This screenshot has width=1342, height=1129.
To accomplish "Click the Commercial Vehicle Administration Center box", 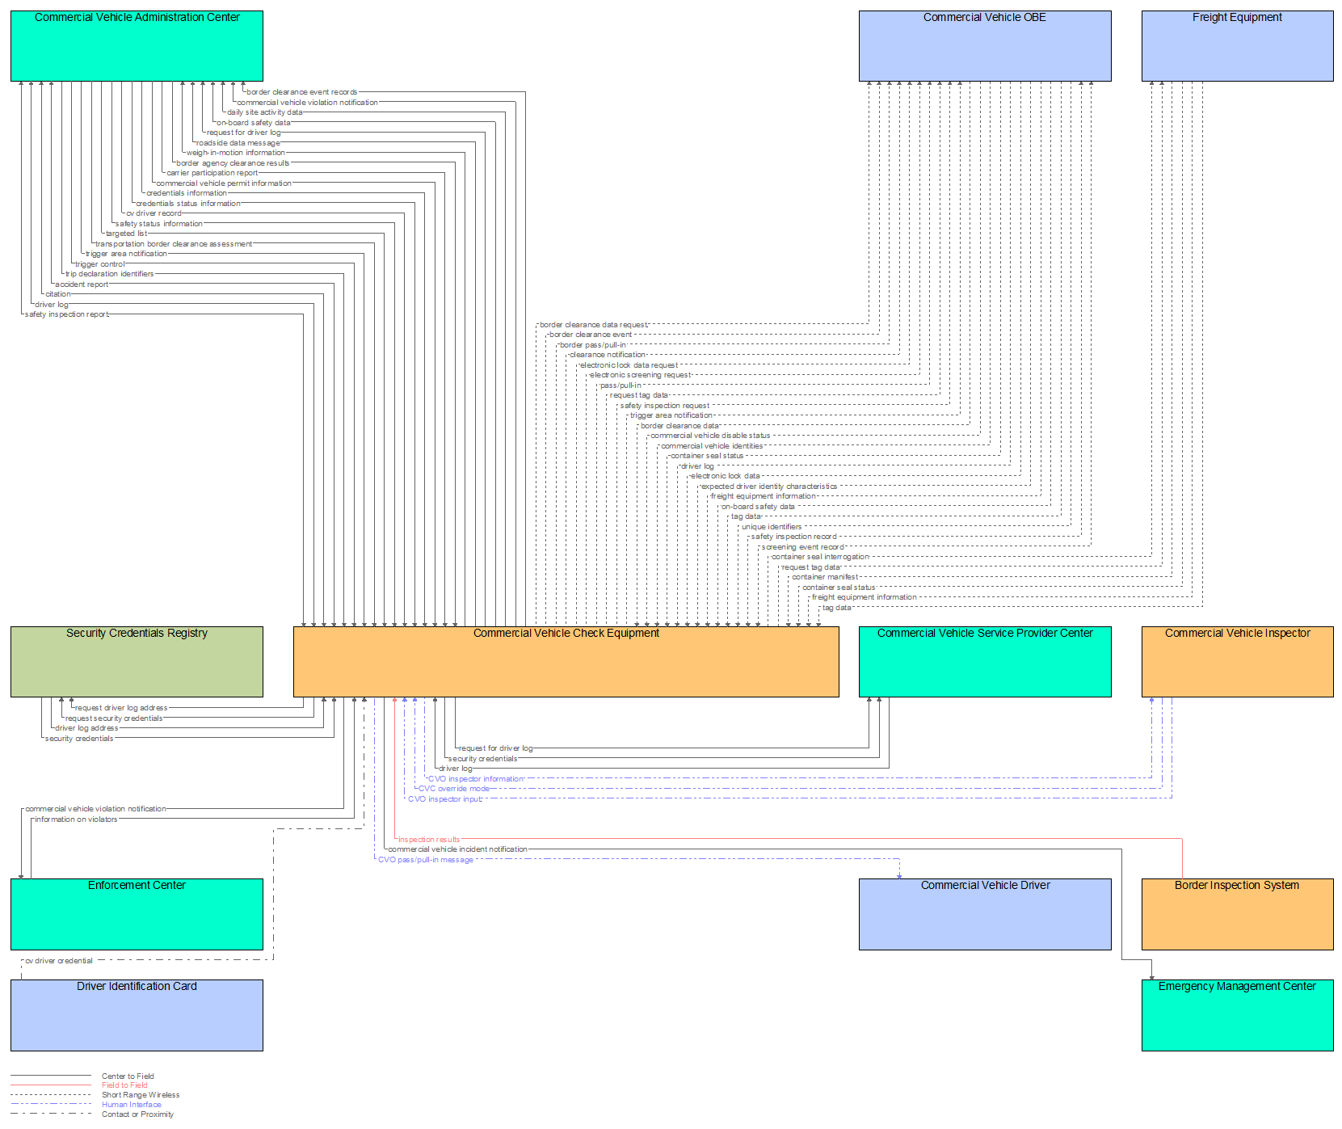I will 137,45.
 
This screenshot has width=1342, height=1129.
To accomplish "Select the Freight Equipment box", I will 1237,45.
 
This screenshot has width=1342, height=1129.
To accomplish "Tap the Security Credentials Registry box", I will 137,661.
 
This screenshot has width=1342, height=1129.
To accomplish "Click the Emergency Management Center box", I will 1237,1014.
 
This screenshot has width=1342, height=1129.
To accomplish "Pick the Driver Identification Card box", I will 137,1014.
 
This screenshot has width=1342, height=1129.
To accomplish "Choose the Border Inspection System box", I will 1237,913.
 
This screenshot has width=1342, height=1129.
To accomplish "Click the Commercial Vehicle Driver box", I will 985,913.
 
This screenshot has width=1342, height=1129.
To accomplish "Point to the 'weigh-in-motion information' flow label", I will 236,153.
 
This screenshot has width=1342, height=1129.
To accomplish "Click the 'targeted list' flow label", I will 126,234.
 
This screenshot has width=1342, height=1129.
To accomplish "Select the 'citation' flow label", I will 58,294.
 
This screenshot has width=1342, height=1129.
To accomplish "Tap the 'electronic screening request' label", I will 640,375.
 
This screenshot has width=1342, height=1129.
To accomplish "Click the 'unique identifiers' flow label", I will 772,527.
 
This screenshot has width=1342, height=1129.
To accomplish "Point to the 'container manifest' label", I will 825,577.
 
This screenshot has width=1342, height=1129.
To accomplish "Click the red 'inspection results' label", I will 428,840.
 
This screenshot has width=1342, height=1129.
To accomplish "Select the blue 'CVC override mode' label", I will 453,789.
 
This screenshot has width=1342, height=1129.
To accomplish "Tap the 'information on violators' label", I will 76,819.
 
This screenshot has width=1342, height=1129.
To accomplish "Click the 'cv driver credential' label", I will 59,961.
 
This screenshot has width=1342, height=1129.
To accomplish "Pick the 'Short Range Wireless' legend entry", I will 141,1095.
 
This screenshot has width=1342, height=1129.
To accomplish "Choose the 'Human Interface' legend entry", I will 132,1105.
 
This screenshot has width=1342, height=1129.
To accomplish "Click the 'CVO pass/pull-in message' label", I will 426,860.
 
